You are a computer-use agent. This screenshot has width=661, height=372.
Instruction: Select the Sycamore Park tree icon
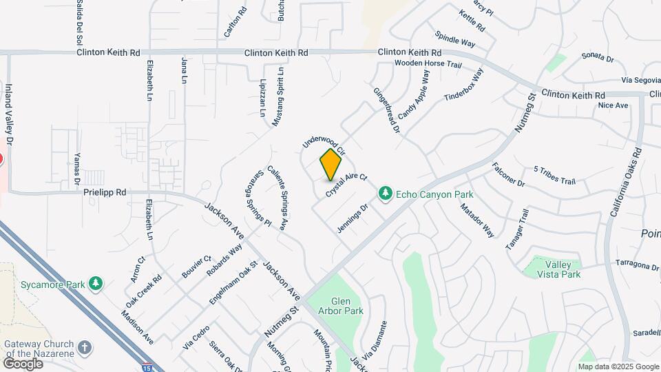[x=96, y=284]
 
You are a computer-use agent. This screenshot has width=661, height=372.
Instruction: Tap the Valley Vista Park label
[x=562, y=269]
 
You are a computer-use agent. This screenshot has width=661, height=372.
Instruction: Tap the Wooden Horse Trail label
[x=427, y=64]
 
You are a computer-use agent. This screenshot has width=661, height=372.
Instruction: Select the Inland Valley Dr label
[x=9, y=114]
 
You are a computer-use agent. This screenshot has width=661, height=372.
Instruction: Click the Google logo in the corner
[x=23, y=363]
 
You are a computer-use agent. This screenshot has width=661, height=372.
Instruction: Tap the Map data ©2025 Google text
[x=618, y=366]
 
